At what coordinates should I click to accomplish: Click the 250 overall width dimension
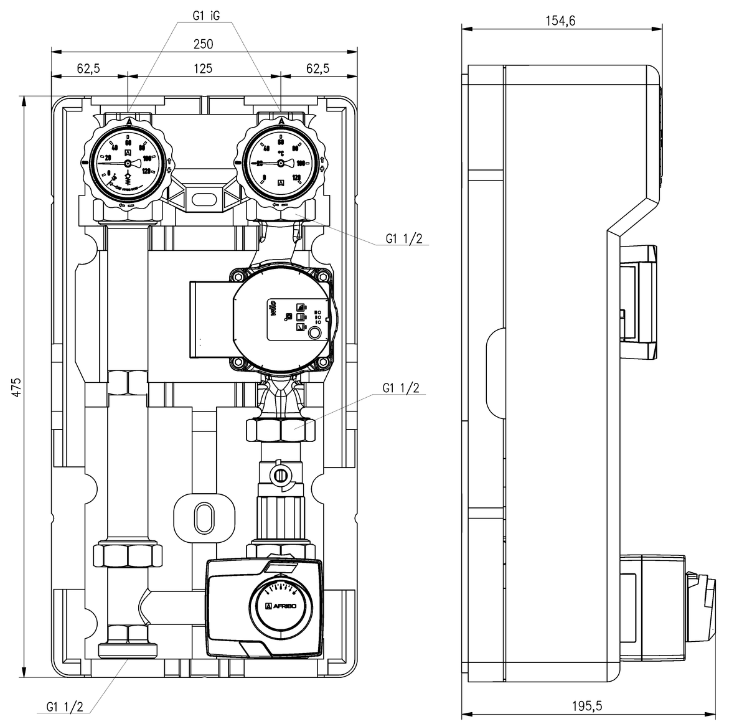click(x=204, y=44)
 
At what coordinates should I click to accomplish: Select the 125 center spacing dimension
click(x=203, y=68)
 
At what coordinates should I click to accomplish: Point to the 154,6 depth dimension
click(x=560, y=21)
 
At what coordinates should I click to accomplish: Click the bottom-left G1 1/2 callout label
click(x=65, y=707)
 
